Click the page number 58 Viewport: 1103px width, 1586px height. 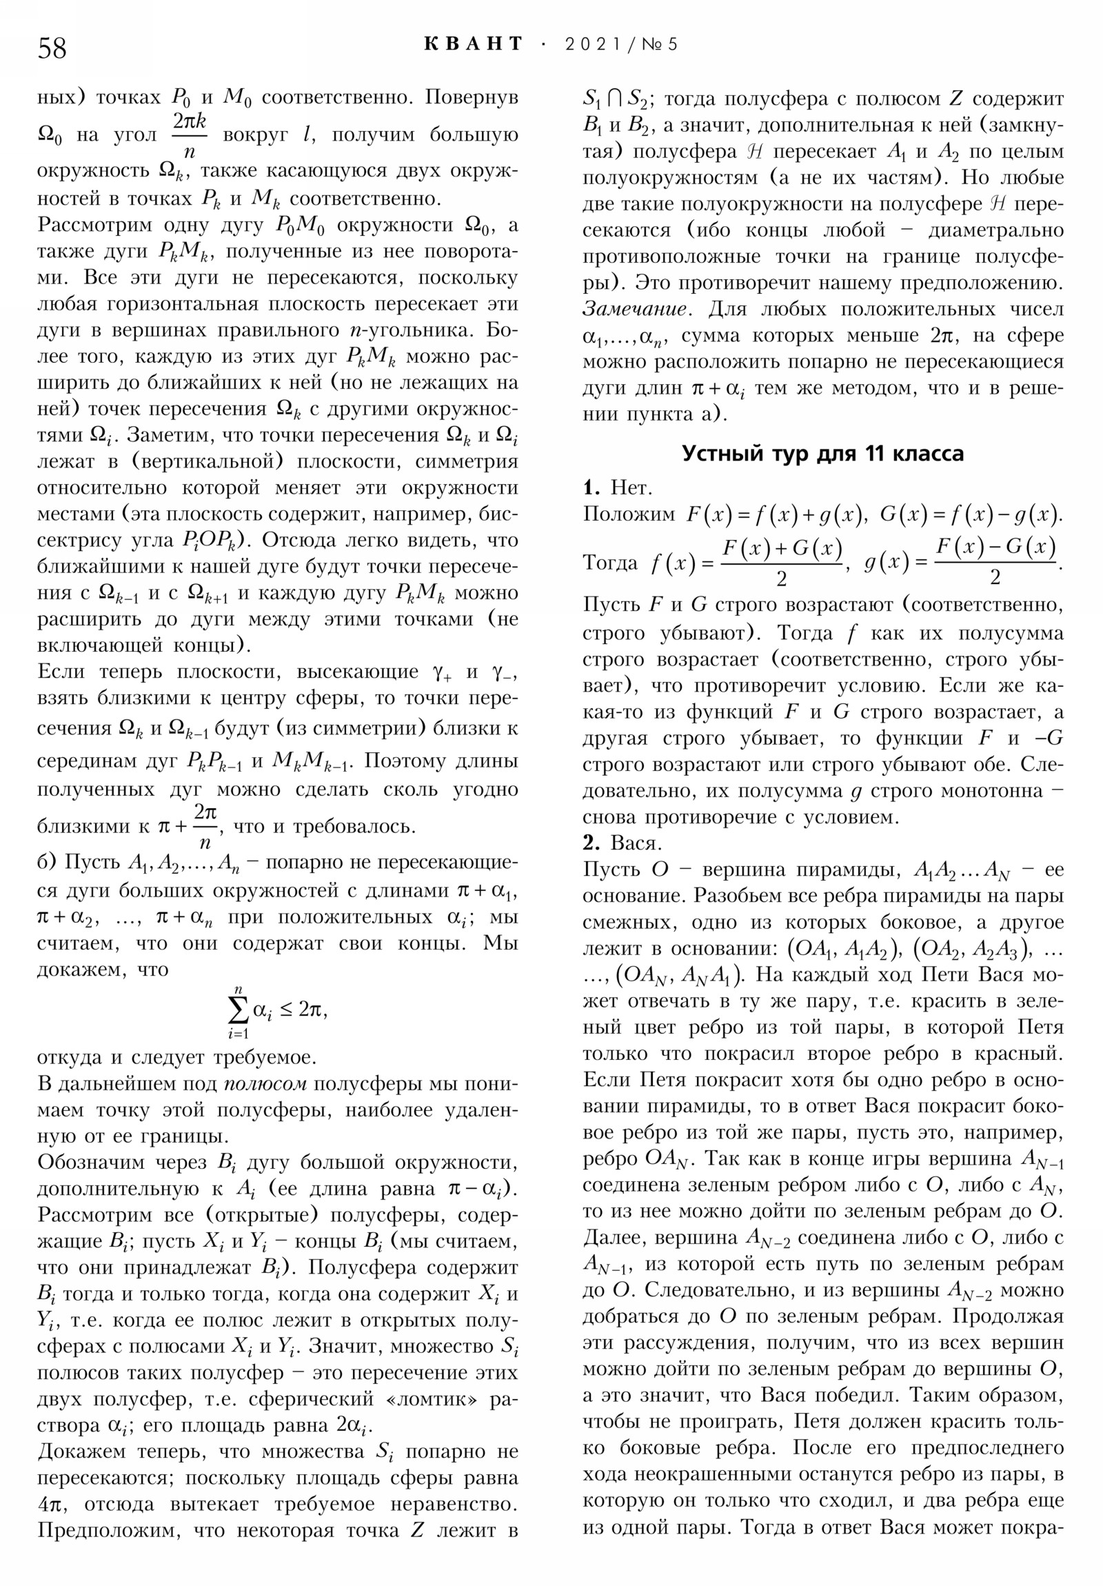52,48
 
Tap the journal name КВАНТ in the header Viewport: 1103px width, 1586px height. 473,44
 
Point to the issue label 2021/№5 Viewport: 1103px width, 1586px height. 621,45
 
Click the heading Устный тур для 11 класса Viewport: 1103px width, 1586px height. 822,454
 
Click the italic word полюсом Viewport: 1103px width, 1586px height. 266,1084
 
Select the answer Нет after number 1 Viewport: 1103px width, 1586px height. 631,488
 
